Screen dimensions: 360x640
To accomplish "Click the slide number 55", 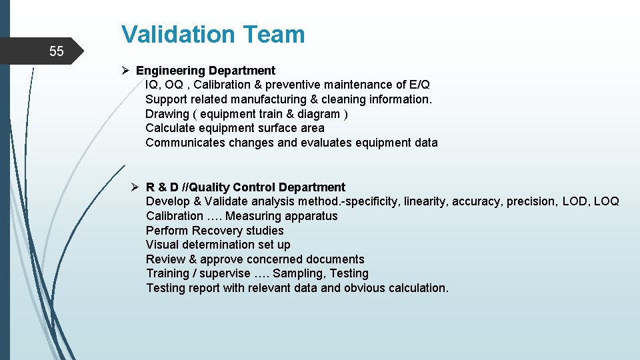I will tap(57, 51).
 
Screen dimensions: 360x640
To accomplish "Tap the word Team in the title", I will tap(275, 34).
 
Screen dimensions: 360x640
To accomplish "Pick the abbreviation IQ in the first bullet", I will tap(152, 85).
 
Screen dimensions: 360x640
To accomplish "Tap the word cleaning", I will tap(342, 99).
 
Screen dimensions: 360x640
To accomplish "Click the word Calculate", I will tap(169, 128).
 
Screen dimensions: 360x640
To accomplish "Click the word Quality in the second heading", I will tap(211, 187).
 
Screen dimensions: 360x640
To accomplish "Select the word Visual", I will tap(162, 245).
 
